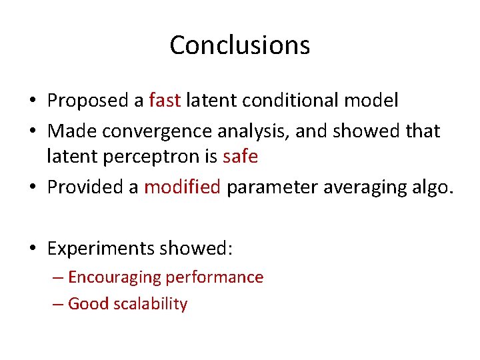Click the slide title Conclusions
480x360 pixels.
coord(239,45)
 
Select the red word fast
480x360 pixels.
coord(165,101)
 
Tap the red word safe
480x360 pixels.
coord(240,157)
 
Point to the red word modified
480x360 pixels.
coord(182,187)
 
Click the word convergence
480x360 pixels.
coord(155,131)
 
